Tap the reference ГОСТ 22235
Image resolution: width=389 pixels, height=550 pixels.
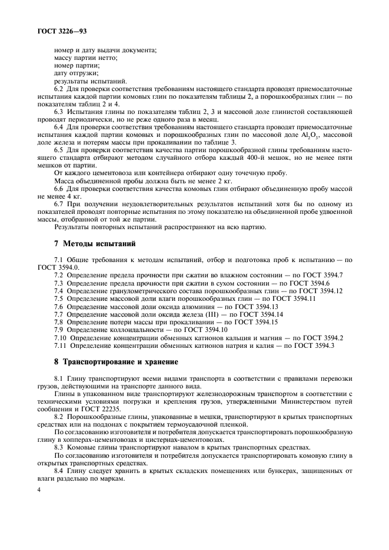click(107, 408)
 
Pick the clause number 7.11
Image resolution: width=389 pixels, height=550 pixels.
click(61, 346)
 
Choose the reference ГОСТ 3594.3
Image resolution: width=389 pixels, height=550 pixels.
click(315, 346)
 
